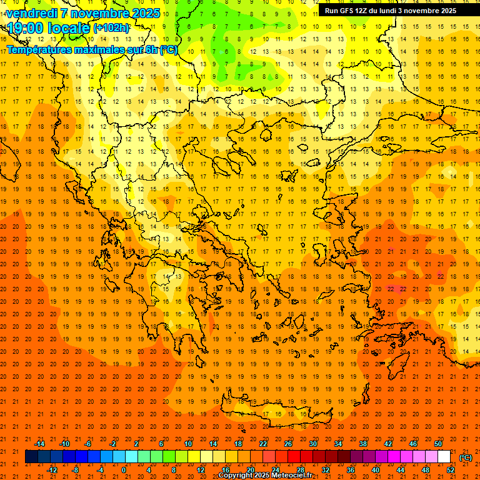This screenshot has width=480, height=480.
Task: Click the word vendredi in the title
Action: [32, 13]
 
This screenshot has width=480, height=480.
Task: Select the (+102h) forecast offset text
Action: [111, 28]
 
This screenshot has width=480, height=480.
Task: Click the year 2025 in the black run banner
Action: [445, 11]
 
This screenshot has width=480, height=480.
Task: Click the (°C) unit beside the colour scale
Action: [466, 457]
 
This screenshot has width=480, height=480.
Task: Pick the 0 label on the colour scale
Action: [124, 470]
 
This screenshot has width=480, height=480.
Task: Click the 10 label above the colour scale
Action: [188, 444]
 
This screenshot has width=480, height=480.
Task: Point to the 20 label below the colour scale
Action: [251, 470]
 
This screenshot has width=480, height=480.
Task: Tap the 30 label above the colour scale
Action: [312, 444]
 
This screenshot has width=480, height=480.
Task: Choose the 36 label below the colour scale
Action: [351, 470]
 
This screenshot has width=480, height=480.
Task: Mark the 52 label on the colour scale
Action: [451, 470]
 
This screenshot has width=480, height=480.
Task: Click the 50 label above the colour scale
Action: [438, 444]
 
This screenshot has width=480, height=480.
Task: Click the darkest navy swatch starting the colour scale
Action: [31, 457]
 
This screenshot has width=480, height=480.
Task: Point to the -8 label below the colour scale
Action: [75, 470]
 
